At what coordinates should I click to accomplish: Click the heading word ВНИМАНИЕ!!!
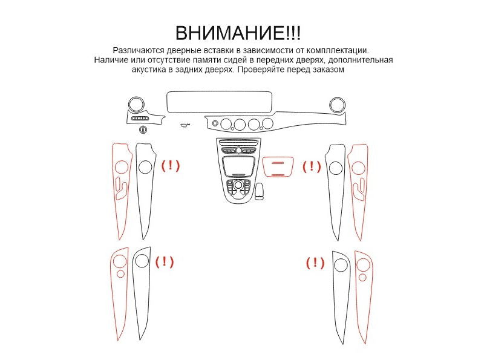pos(238,33)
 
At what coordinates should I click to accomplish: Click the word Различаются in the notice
pos(139,50)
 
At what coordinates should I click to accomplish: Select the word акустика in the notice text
pos(149,70)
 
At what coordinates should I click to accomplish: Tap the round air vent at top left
pos(136,104)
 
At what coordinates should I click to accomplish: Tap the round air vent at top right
pos(337,105)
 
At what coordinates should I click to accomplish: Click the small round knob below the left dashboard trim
pos(143,130)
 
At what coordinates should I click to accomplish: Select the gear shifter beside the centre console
pos(260,191)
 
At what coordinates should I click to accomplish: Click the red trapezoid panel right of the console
pos(278,167)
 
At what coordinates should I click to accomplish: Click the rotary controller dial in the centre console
pos(238,185)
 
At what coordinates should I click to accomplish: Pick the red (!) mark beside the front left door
pos(171,166)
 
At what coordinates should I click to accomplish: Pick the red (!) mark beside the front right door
pos(312,167)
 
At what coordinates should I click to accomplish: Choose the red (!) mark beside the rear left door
pos(165,262)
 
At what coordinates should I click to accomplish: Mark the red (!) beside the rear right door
pos(315,263)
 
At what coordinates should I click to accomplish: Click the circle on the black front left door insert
pos(145,167)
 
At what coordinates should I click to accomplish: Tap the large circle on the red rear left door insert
pos(120,261)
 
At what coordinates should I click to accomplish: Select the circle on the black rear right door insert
pos(341,265)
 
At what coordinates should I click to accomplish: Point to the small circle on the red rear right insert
pos(362,278)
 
